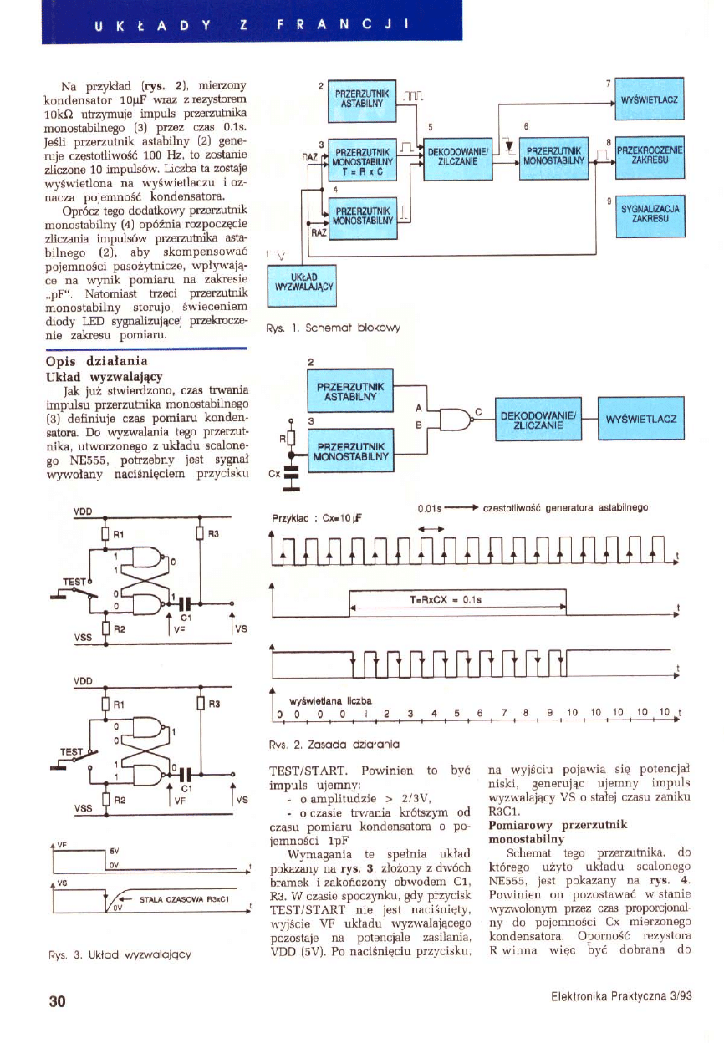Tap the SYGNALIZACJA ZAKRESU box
pos(649,214)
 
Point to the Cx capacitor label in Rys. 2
pos(273,475)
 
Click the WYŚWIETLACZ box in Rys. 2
pos(641,418)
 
